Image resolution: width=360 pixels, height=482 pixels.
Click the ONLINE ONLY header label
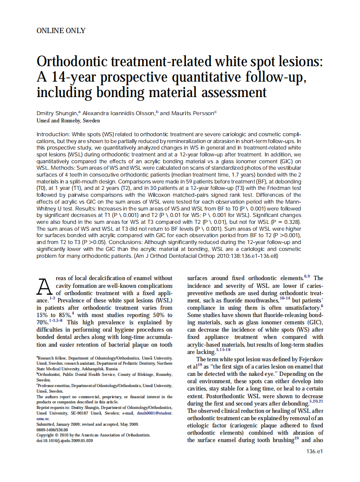tap(61, 31)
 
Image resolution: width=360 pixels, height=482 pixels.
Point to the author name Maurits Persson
tap(192, 113)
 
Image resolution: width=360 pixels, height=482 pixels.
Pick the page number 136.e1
tap(314, 451)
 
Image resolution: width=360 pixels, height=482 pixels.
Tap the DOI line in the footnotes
tap(64, 440)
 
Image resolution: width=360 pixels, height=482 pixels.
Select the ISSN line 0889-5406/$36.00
tap(52, 429)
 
